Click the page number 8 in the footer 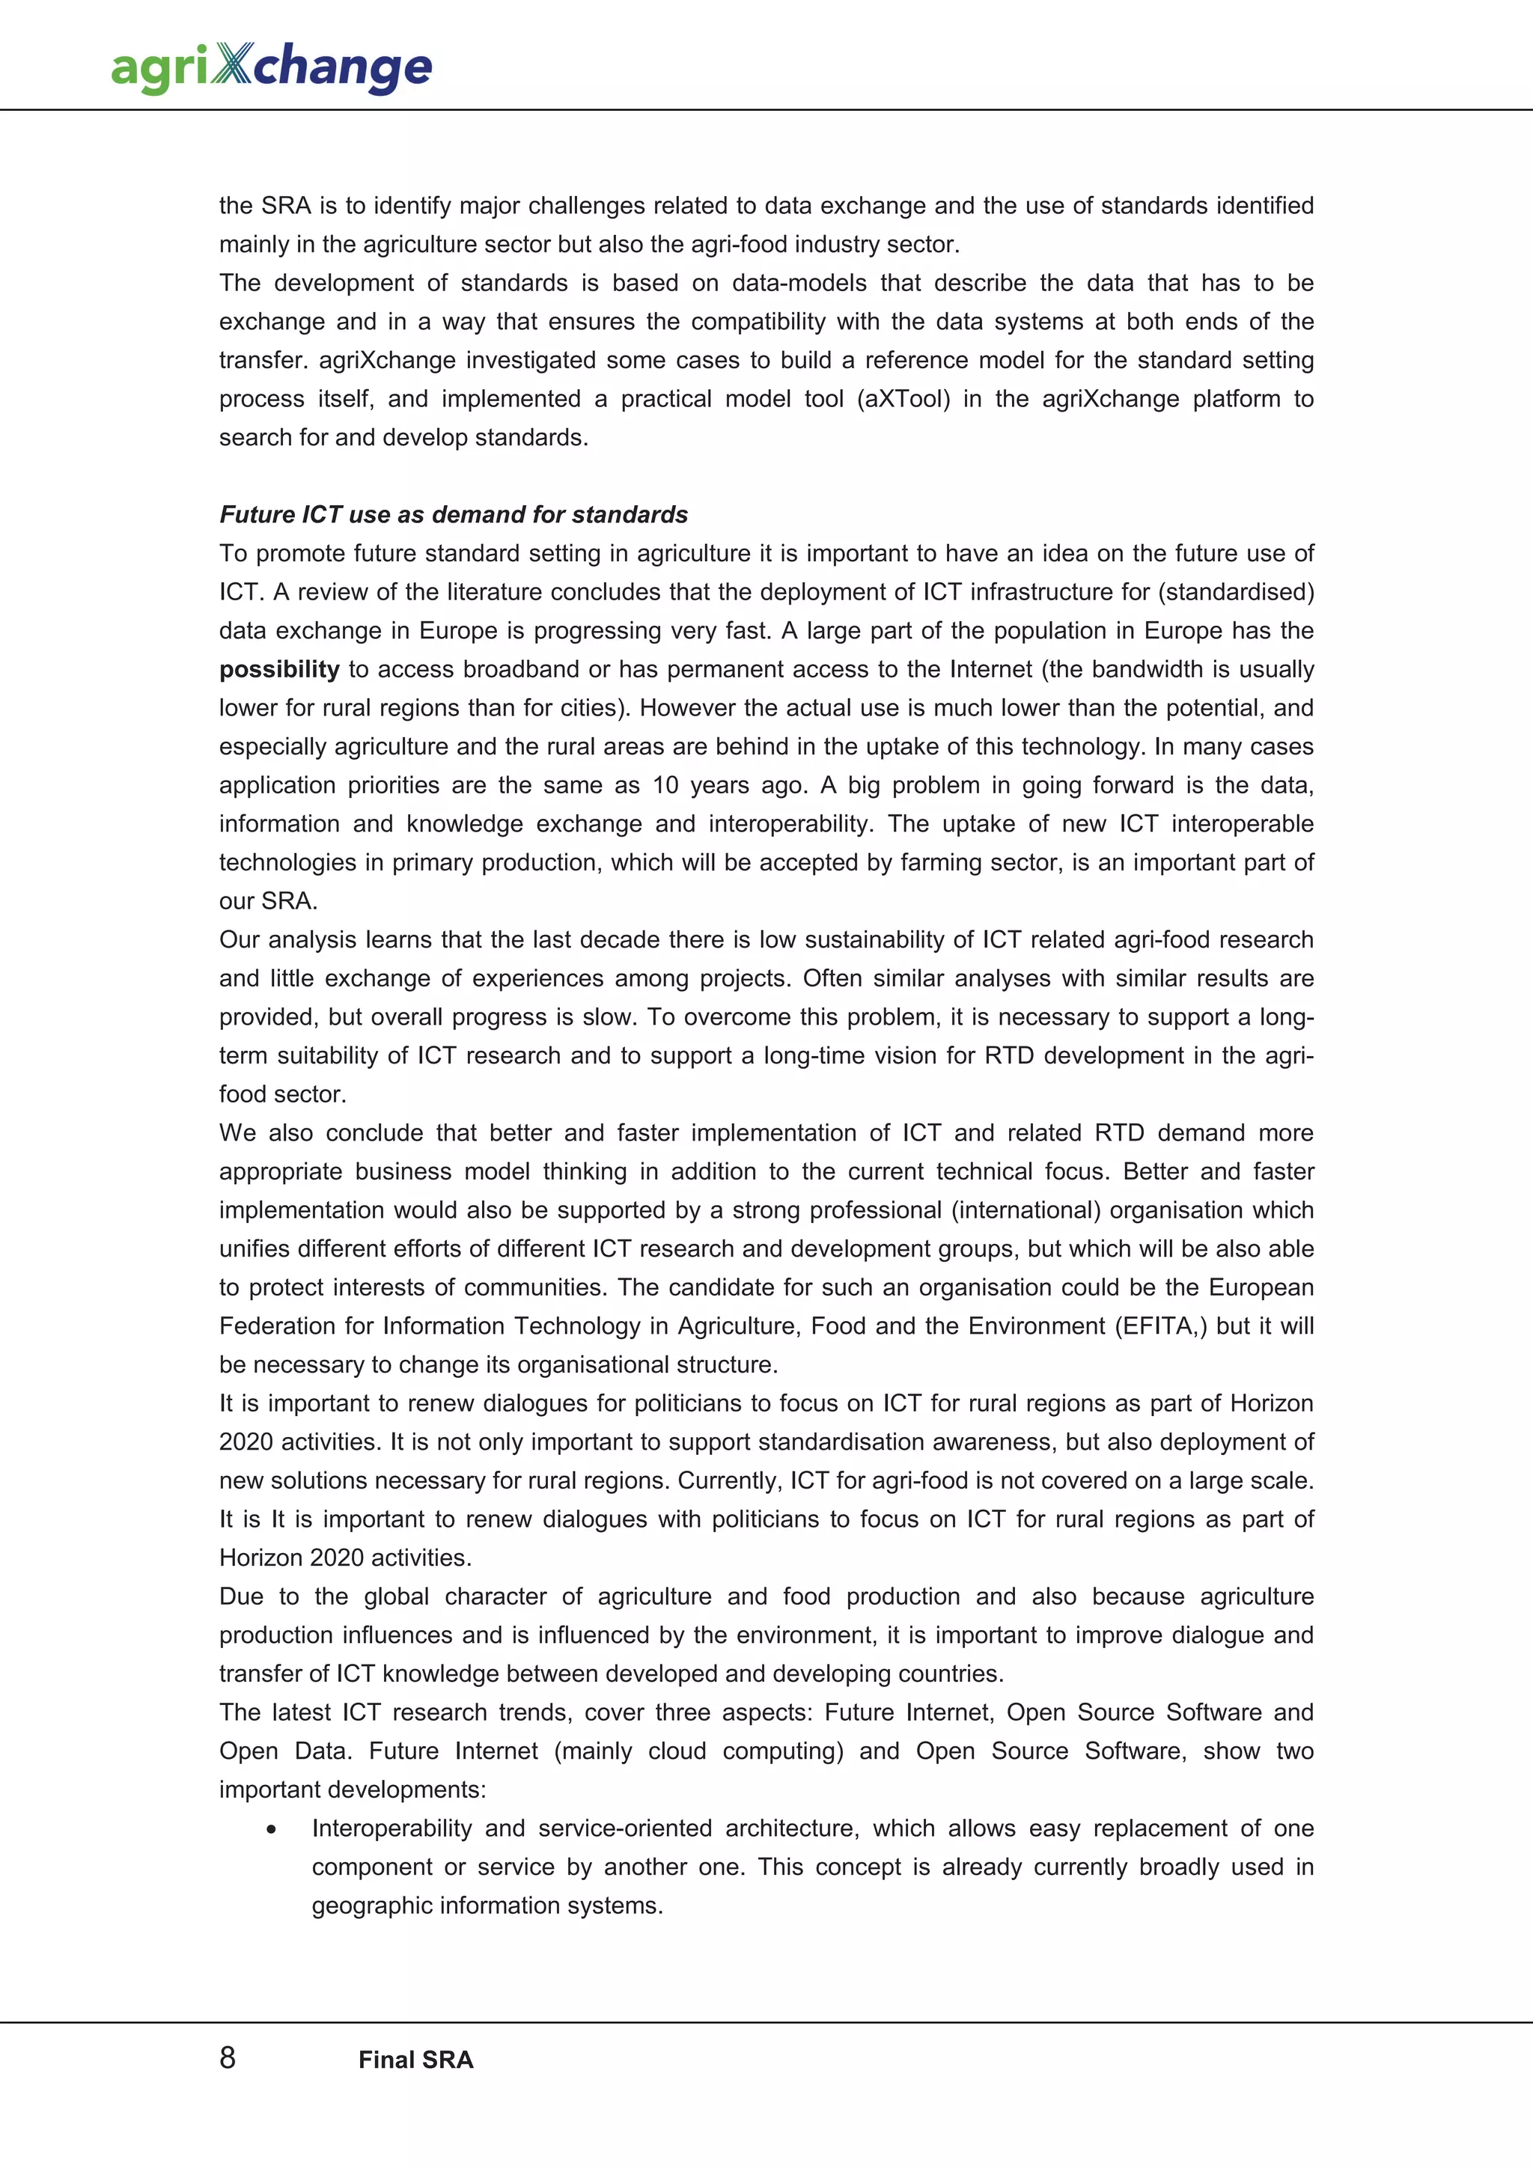tap(228, 2057)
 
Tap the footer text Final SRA tap(415, 2060)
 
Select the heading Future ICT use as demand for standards tap(454, 514)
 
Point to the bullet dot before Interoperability tap(272, 1829)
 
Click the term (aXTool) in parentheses tap(903, 399)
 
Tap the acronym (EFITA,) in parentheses tap(1161, 1325)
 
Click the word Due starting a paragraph tap(242, 1596)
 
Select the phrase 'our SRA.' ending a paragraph tap(268, 901)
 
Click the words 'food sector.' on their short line tap(282, 1094)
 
